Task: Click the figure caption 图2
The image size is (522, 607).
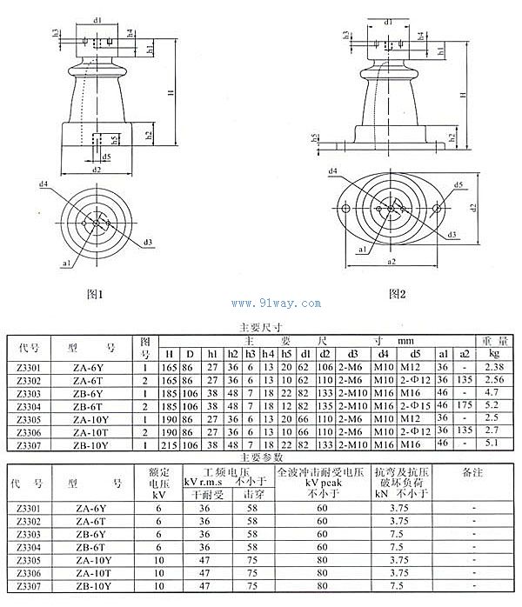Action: pos(398,294)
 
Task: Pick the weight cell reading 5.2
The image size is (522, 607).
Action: pos(493,405)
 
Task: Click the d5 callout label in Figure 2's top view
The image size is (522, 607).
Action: pos(457,184)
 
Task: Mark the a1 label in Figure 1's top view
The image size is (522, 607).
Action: pos(67,259)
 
